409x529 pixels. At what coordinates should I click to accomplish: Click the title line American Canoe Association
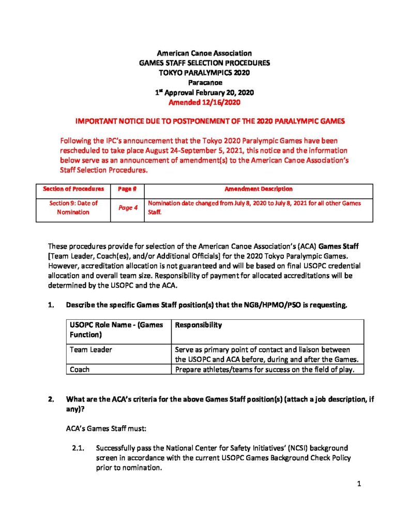tap(204, 53)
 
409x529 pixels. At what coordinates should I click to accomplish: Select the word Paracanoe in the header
tap(204, 83)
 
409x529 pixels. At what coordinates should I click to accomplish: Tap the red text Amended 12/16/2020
tap(204, 102)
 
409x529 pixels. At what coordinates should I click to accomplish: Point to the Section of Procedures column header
tap(73, 189)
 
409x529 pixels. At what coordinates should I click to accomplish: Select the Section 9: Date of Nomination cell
tap(73, 208)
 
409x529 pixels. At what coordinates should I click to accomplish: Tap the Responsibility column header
tap(199, 325)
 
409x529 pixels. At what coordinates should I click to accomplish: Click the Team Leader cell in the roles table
tap(91, 350)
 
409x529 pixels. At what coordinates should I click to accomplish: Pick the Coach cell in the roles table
tap(80, 369)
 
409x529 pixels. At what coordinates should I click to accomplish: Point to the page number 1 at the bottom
tap(358, 485)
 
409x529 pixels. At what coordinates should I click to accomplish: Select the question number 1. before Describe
tap(51, 305)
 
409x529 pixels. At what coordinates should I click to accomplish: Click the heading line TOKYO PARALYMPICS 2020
tap(204, 73)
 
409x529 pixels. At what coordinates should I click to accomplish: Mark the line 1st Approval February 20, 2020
tap(204, 92)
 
